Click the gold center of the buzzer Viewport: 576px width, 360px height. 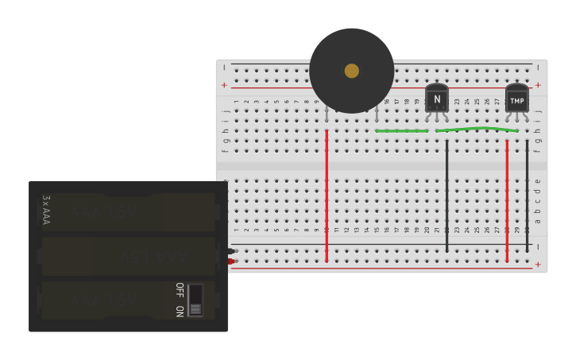(x=351, y=71)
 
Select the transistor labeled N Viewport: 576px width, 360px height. (x=436, y=99)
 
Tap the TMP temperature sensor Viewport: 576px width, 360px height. (x=516, y=99)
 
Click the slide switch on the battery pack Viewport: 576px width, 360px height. (x=195, y=300)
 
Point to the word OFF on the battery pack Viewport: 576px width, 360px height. (x=180, y=289)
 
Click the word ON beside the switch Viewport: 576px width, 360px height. (x=180, y=311)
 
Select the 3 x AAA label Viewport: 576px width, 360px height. (x=46, y=210)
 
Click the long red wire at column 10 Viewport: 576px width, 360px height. (x=327, y=195)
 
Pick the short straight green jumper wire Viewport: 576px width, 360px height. (x=401, y=130)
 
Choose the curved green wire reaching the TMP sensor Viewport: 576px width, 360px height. (x=477, y=128)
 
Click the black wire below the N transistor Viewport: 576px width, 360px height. (x=446, y=195)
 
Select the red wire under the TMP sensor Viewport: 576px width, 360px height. (x=507, y=199)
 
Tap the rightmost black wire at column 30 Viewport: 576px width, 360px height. (x=527, y=195)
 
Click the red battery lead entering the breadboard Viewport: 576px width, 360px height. (x=230, y=261)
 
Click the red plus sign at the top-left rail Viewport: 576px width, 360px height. (x=224, y=85)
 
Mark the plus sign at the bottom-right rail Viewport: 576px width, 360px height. (x=538, y=265)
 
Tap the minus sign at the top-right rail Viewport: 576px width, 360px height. (x=538, y=68)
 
